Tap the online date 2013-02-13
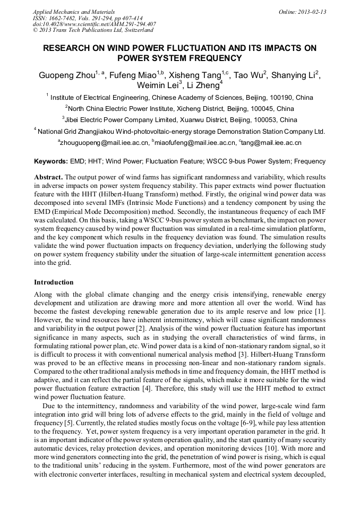click(x=312, y=12)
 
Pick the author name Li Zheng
click(x=204, y=86)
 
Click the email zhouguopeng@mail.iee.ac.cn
click(x=104, y=143)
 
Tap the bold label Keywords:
click(x=51, y=161)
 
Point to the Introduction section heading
click(x=54, y=282)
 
